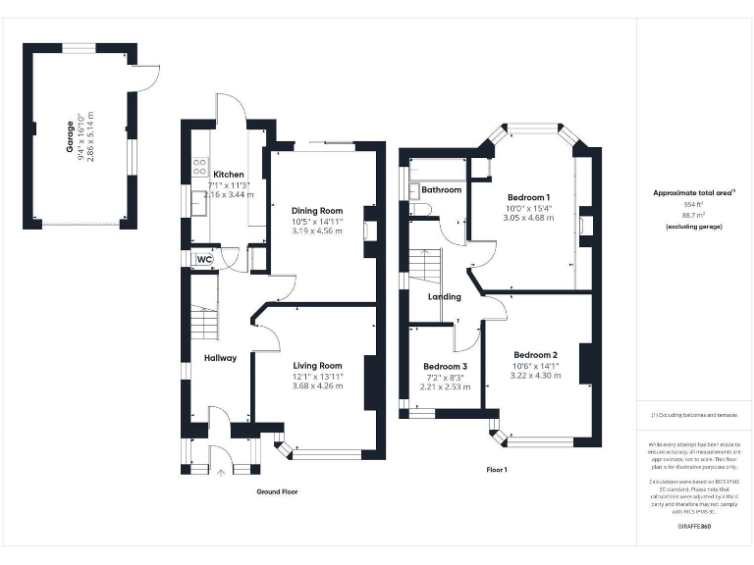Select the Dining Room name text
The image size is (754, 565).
(317, 211)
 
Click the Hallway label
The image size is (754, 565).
(220, 358)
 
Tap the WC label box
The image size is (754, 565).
(205, 259)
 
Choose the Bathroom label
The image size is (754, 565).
(441, 189)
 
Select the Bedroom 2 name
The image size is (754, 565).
(535, 355)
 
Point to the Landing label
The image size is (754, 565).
(444, 296)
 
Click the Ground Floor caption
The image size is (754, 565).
(277, 491)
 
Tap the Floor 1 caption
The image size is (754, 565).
(497, 470)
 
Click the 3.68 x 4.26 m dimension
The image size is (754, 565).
(317, 386)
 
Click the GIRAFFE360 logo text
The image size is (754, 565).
(694, 527)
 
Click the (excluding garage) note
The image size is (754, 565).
(694, 227)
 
